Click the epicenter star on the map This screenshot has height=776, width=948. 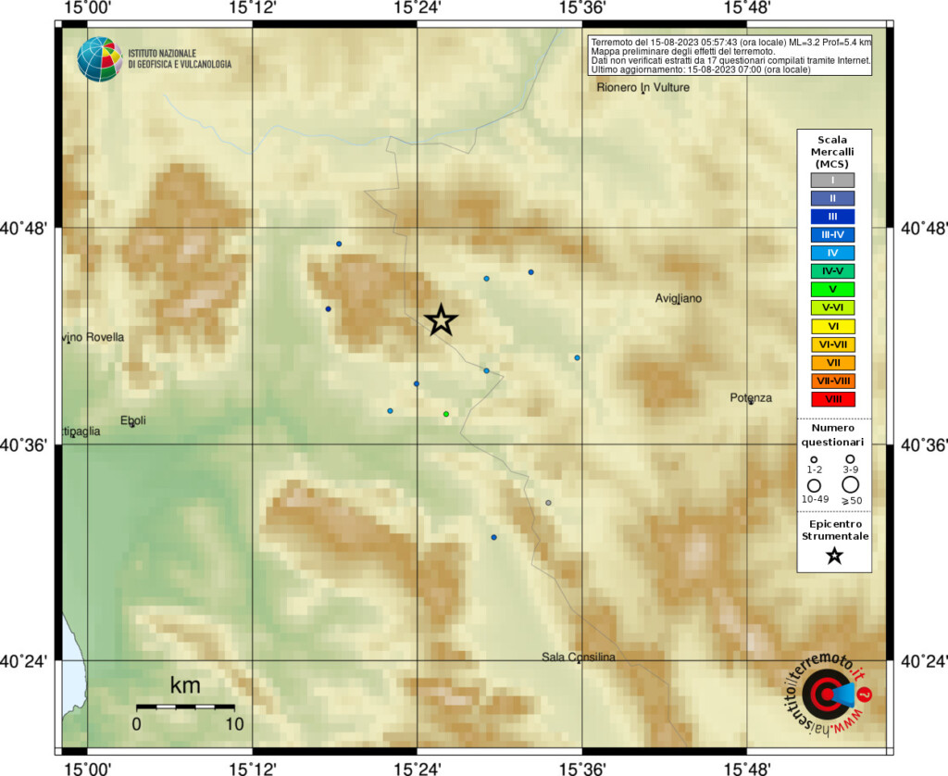point(442,319)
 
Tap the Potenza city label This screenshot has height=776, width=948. point(750,398)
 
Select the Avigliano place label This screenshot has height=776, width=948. point(679,298)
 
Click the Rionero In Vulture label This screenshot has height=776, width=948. point(643,88)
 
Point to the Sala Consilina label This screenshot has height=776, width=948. point(579,657)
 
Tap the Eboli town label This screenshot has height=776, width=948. point(133,420)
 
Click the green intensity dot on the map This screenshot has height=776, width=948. point(446,414)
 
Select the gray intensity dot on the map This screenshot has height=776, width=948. point(548,503)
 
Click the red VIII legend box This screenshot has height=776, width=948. point(833,398)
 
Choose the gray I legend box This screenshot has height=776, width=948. point(833,180)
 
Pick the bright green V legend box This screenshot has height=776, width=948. point(833,289)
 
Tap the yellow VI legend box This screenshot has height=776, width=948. point(833,326)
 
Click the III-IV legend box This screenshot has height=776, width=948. point(833,234)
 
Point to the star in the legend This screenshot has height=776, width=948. point(834,556)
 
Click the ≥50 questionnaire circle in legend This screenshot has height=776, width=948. point(850,483)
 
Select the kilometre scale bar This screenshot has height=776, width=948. point(184,707)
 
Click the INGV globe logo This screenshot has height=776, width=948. point(100,59)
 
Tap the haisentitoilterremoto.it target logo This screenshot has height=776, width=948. point(828,695)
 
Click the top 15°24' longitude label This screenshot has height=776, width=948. point(418,9)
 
